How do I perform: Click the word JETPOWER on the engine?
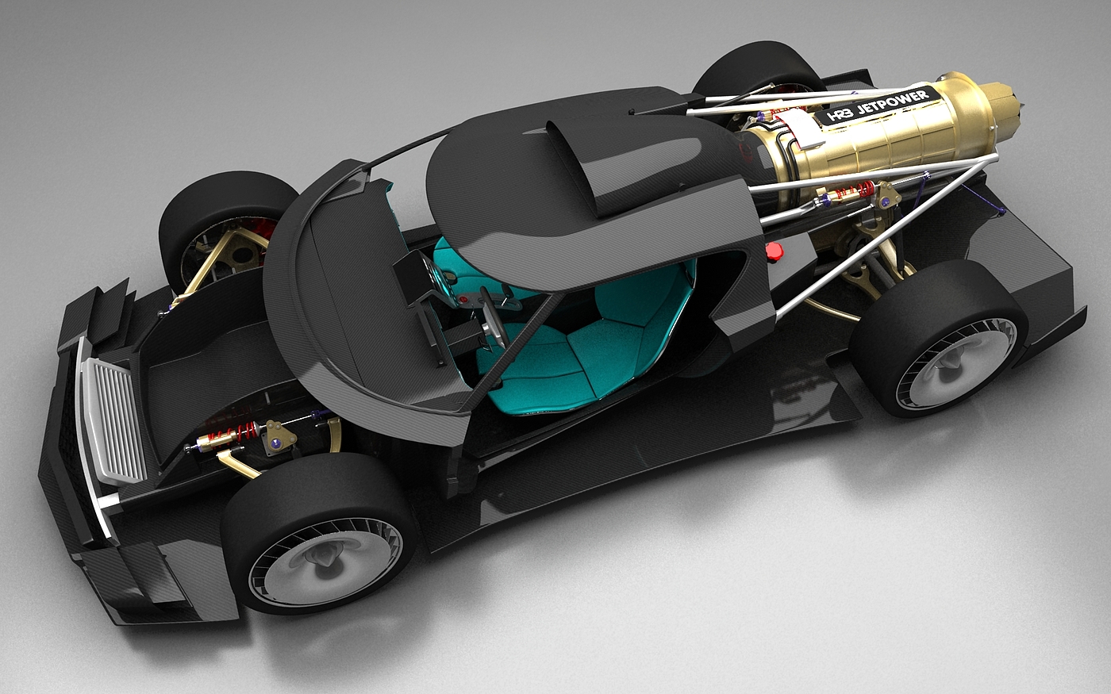(x=892, y=102)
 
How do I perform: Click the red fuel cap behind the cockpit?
(x=774, y=251)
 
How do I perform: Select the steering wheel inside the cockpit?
(x=493, y=316)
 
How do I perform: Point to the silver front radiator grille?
(x=112, y=421)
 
